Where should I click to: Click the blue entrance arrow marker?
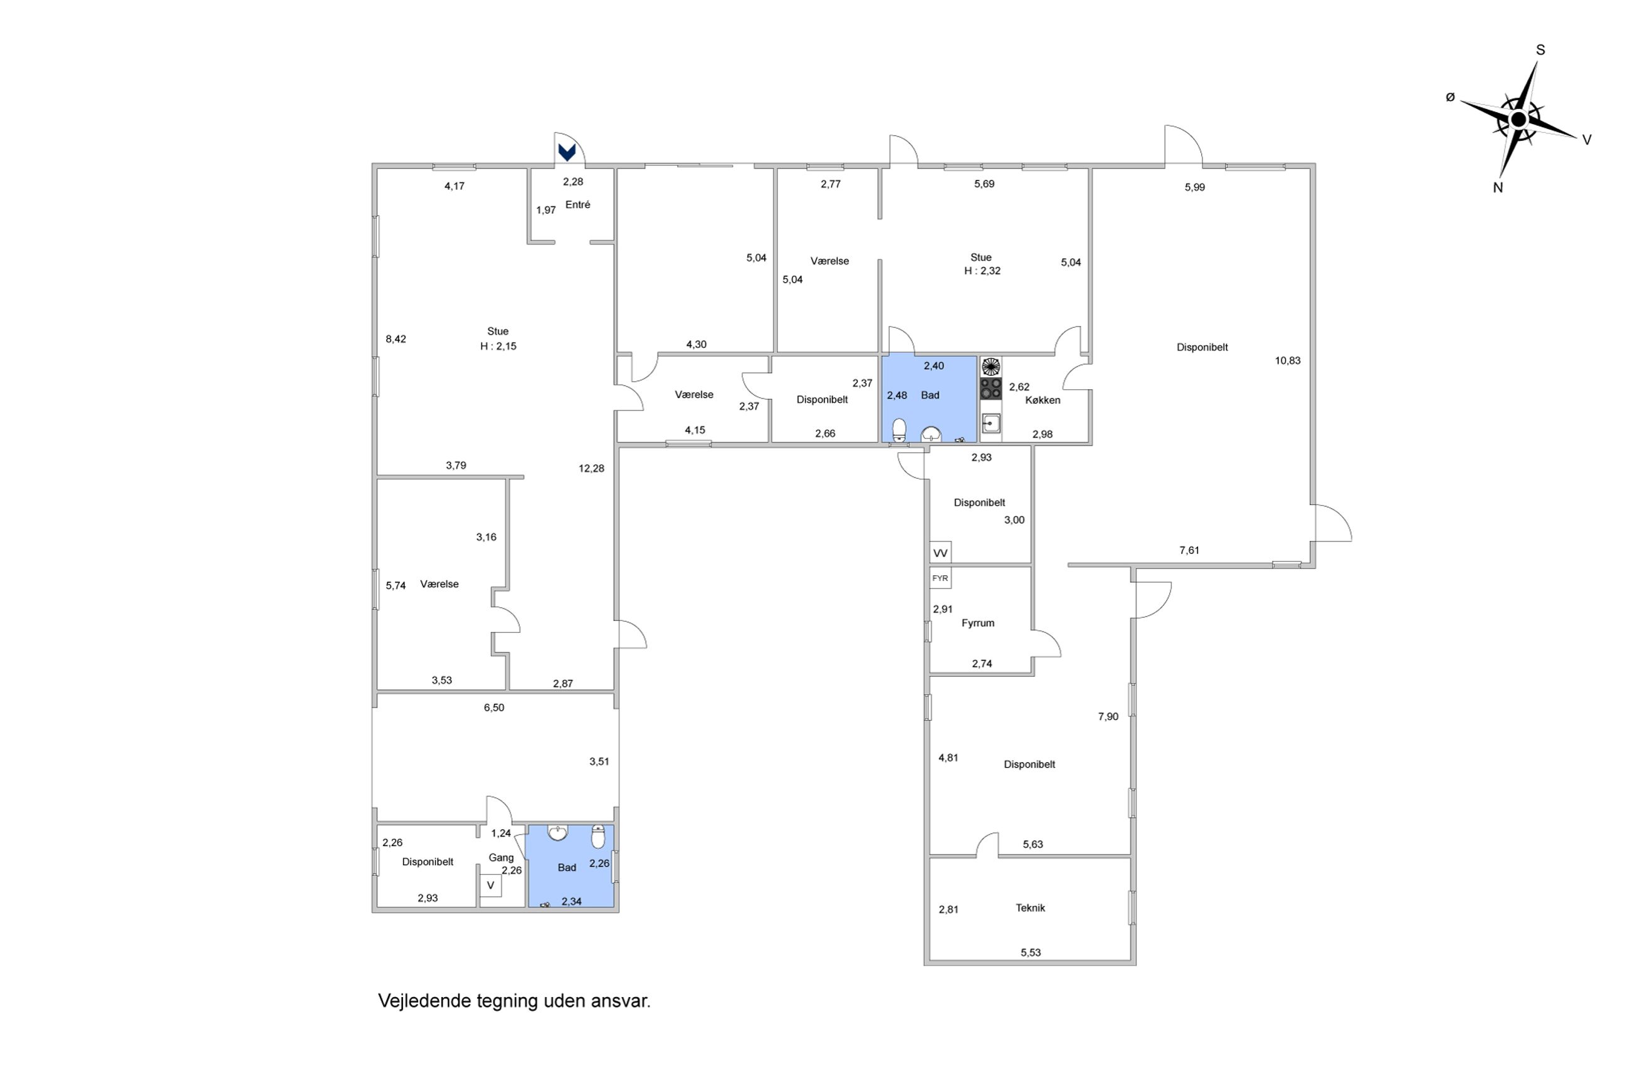click(x=567, y=152)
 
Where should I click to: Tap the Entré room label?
click(x=578, y=205)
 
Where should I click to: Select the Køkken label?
click(x=1043, y=400)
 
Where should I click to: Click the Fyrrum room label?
click(x=977, y=624)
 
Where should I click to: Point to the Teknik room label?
click(x=1030, y=908)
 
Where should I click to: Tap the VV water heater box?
click(x=940, y=553)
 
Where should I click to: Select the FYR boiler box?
click(x=940, y=578)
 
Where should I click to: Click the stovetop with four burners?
click(x=991, y=389)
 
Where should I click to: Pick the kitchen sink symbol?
click(x=991, y=422)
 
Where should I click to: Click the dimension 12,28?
click(x=592, y=469)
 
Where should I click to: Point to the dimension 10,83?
click(x=1288, y=361)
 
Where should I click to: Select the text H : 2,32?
click(x=982, y=271)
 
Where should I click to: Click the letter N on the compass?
click(x=1498, y=187)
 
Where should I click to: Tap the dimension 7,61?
click(x=1189, y=551)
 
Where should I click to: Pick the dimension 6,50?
click(x=494, y=708)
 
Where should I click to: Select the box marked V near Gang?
click(x=490, y=885)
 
